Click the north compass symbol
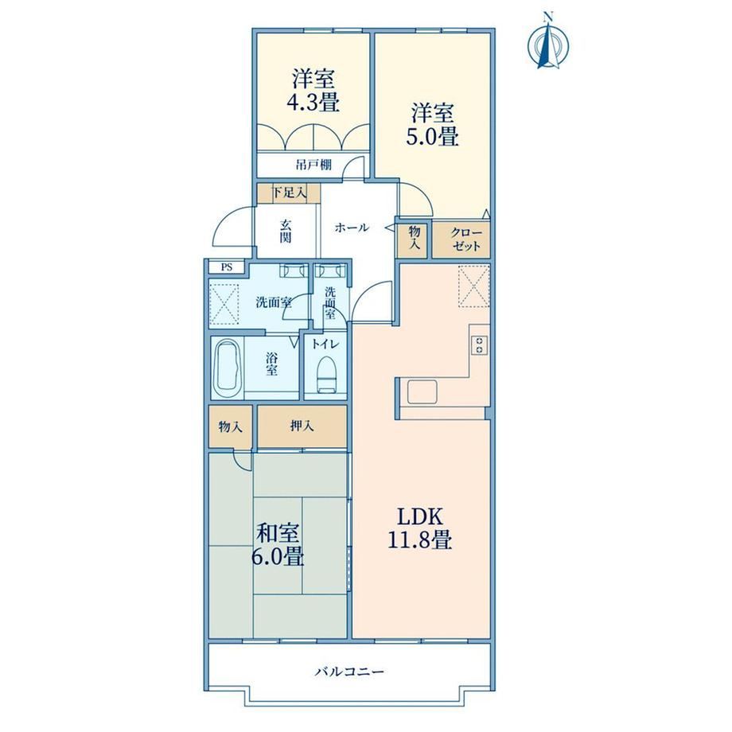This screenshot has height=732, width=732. [x=548, y=42]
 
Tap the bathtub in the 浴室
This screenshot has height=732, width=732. [x=228, y=369]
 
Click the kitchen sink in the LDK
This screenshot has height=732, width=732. [x=422, y=391]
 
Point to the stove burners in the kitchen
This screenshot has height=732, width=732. [x=480, y=345]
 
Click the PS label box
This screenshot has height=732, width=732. [x=227, y=267]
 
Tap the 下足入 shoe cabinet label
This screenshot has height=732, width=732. [x=289, y=193]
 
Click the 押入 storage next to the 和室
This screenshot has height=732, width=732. [x=302, y=426]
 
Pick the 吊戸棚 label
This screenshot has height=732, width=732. [x=313, y=165]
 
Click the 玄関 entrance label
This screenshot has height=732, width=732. [x=286, y=231]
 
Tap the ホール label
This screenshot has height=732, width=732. [x=352, y=228]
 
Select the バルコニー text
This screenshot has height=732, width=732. [x=349, y=672]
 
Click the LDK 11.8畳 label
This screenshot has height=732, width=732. [x=419, y=528]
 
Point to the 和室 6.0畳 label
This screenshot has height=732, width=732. [x=278, y=544]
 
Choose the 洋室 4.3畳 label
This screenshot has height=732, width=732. [x=313, y=91]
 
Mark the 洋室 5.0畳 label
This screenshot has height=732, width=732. [x=432, y=125]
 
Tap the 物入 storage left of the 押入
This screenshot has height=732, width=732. [x=231, y=426]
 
